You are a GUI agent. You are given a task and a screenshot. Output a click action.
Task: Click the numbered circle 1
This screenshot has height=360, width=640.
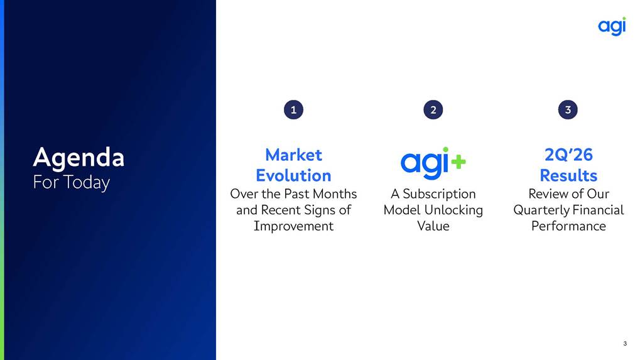(x=293, y=110)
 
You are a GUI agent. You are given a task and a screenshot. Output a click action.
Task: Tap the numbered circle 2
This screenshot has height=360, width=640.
(x=433, y=110)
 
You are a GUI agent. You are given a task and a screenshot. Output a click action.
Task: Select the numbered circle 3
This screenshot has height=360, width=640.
(x=568, y=110)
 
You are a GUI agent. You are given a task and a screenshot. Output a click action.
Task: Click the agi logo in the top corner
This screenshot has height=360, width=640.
(x=612, y=26)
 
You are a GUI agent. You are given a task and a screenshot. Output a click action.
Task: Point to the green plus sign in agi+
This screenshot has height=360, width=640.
(x=458, y=161)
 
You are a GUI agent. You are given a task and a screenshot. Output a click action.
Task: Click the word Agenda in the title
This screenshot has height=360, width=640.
(x=79, y=158)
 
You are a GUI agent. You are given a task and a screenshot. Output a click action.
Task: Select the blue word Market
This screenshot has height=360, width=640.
(x=293, y=155)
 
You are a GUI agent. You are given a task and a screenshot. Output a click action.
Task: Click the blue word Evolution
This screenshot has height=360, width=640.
(x=293, y=175)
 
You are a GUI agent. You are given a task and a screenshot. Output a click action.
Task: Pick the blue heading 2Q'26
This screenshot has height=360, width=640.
(x=568, y=155)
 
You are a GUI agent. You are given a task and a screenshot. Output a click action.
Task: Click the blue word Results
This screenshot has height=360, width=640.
(x=568, y=175)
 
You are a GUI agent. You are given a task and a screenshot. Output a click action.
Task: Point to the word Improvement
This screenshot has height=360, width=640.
(x=293, y=226)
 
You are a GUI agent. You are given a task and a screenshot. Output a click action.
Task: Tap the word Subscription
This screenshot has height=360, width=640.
(x=439, y=194)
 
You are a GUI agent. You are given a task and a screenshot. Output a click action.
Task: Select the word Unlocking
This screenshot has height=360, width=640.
(x=453, y=210)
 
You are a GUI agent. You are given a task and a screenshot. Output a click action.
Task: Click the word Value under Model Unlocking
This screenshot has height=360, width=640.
(x=433, y=226)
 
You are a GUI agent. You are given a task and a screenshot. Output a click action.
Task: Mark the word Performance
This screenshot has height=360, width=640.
(x=568, y=226)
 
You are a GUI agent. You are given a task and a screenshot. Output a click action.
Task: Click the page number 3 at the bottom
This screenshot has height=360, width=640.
(x=625, y=344)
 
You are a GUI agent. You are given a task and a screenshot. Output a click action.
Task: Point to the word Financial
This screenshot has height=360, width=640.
(x=596, y=210)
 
